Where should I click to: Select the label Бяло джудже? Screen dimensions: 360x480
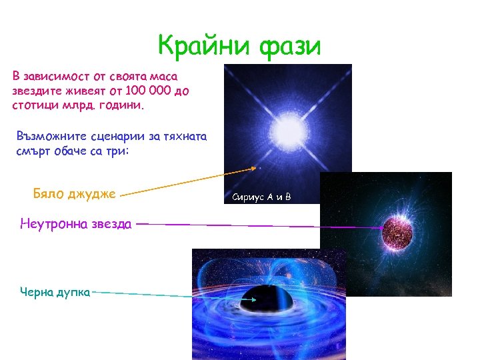click(x=74, y=194)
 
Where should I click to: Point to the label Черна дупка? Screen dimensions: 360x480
click(x=55, y=291)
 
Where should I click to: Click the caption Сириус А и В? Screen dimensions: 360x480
click(x=261, y=197)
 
